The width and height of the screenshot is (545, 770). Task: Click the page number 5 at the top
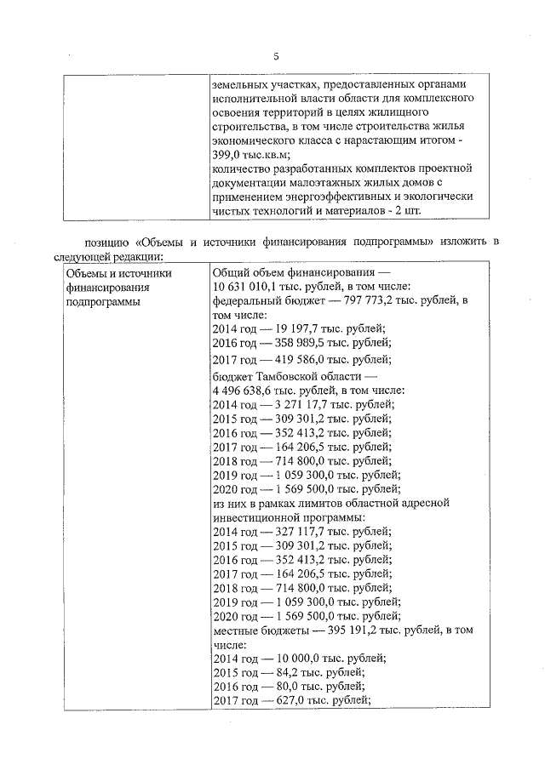click(x=275, y=57)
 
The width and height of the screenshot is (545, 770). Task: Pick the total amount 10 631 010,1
click(x=252, y=287)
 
